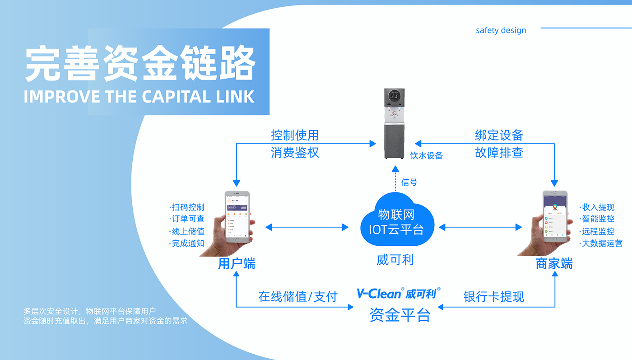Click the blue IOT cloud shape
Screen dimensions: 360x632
tap(397, 220)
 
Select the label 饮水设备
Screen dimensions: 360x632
tap(426, 156)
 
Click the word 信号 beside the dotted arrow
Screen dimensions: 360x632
tap(409, 182)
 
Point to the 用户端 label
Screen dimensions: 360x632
tap(237, 264)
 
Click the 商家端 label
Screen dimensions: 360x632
tap(554, 264)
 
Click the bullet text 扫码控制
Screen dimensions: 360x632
tap(187, 207)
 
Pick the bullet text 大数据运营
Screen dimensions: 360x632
tap(600, 243)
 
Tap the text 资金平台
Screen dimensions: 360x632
tap(400, 315)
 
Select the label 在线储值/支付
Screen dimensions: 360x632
tap(298, 297)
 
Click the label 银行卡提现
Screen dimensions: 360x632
tap(494, 297)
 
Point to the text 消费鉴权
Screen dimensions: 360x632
tap(295, 153)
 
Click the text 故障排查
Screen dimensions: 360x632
tap(499, 153)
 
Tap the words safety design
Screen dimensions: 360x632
tap(501, 31)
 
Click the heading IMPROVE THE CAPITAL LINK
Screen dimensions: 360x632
tap(139, 97)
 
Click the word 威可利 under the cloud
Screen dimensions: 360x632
tap(395, 260)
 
